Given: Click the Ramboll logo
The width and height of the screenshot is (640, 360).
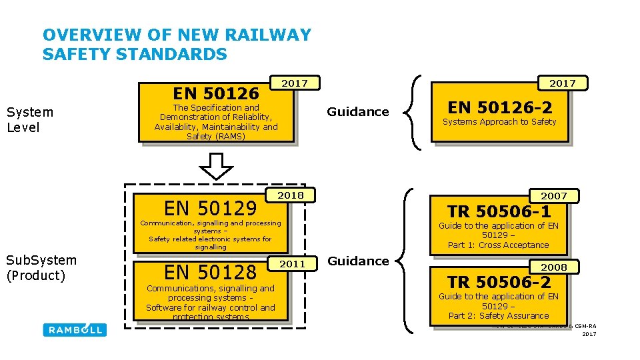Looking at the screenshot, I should coord(75,329).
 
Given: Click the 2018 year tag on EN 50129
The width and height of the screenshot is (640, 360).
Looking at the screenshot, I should coord(291,195).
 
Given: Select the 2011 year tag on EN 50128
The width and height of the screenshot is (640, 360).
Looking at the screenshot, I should coord(292,264).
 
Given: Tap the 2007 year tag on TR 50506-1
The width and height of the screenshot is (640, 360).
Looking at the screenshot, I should coord(553,196).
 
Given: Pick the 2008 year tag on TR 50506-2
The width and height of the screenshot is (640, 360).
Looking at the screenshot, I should coord(553,267).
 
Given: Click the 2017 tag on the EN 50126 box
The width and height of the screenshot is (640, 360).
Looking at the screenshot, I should coord(294,83).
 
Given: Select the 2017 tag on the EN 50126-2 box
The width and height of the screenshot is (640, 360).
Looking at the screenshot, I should coord(563,83).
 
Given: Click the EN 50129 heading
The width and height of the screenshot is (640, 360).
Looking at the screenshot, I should coord(211,208).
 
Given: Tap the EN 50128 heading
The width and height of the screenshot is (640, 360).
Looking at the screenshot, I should coord(211,272).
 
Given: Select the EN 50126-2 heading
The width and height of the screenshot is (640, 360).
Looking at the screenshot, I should coord(500,107).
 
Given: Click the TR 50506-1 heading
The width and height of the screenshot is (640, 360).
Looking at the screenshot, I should coord(499,211).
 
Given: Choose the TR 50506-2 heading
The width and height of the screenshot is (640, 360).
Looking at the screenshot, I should coord(499,282).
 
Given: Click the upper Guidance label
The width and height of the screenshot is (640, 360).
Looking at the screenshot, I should coord(358,112).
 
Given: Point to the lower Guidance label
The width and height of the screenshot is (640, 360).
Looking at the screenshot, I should coord(358,261).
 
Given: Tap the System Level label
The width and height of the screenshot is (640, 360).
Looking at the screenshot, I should coord(29,119).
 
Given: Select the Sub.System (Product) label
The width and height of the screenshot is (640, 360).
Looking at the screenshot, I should coord(41,267).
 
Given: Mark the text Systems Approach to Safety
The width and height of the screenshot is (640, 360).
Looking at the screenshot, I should coord(499,122).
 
